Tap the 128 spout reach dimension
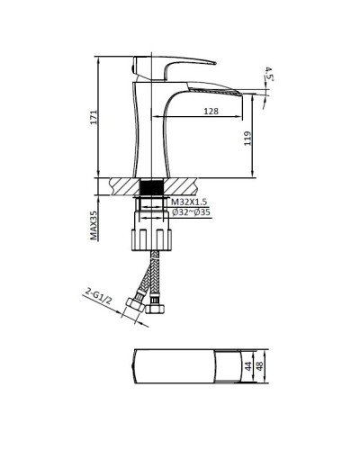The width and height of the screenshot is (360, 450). (210, 112)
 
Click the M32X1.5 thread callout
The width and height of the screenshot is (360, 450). (190, 202)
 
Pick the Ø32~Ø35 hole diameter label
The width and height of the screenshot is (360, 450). (191, 213)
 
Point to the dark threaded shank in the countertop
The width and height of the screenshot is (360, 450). (152, 186)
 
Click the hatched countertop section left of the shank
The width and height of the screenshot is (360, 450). (121, 186)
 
